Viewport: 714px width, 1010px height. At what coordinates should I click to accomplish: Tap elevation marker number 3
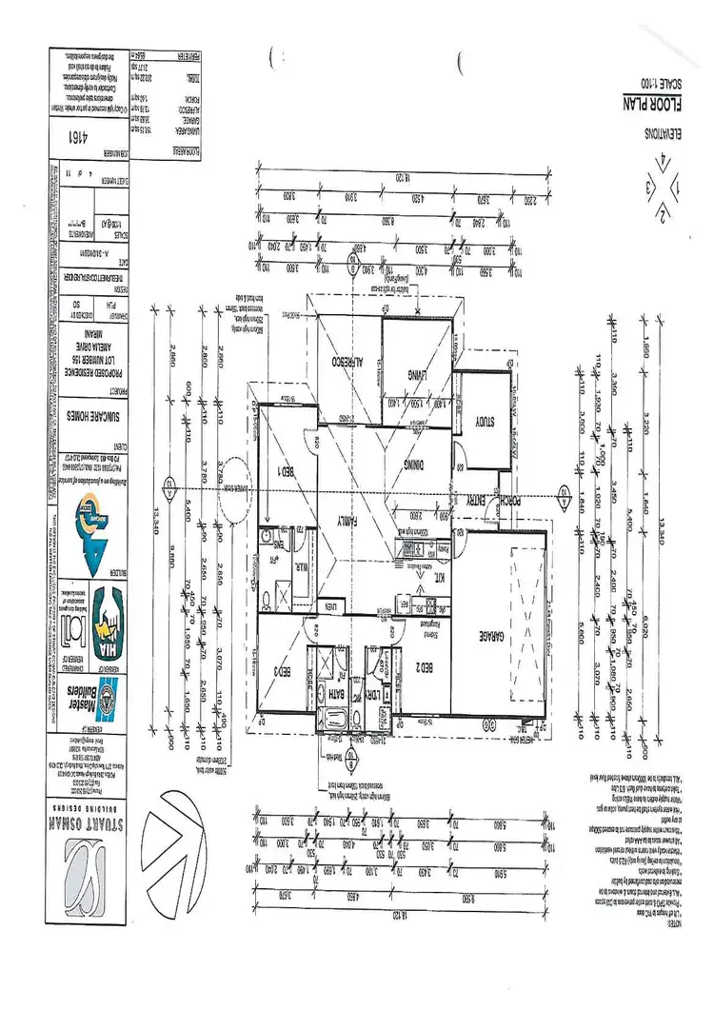point(650,187)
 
